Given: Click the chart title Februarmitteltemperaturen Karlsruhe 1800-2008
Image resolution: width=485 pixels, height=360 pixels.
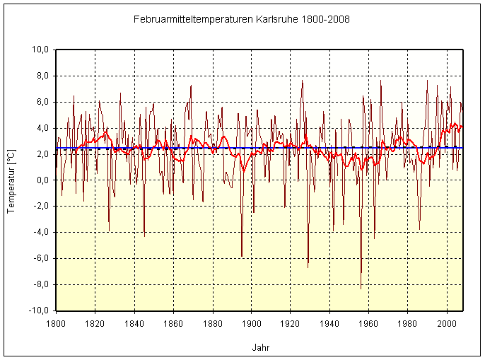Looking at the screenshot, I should [241, 19].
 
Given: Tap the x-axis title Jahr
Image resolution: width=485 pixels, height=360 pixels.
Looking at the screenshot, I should [260, 348].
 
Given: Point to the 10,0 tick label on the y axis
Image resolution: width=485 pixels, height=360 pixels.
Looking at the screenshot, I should [39, 50].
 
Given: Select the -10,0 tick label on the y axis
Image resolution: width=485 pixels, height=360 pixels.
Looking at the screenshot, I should [37, 310].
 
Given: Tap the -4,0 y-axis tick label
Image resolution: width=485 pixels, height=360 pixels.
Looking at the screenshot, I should [40, 232].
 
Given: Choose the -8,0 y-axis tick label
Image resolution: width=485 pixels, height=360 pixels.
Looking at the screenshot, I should [40, 284].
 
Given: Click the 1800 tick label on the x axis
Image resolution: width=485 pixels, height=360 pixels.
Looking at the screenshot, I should [56, 323].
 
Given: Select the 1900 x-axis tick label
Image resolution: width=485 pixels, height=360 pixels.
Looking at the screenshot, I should [251, 323].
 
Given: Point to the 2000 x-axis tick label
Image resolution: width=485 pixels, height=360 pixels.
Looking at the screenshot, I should [446, 323].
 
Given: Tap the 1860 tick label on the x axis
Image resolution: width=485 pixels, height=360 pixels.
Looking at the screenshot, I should [173, 323].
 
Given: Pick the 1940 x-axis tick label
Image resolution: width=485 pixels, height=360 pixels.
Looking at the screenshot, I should [329, 323].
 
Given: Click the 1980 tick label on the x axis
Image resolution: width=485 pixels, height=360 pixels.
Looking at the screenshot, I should [407, 323].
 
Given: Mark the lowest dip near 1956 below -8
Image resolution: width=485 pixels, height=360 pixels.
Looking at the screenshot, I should [361, 288].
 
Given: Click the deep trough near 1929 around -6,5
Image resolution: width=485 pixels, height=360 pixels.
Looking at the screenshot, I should [308, 267].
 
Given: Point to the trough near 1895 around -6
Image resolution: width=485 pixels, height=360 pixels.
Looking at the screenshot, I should [242, 256].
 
